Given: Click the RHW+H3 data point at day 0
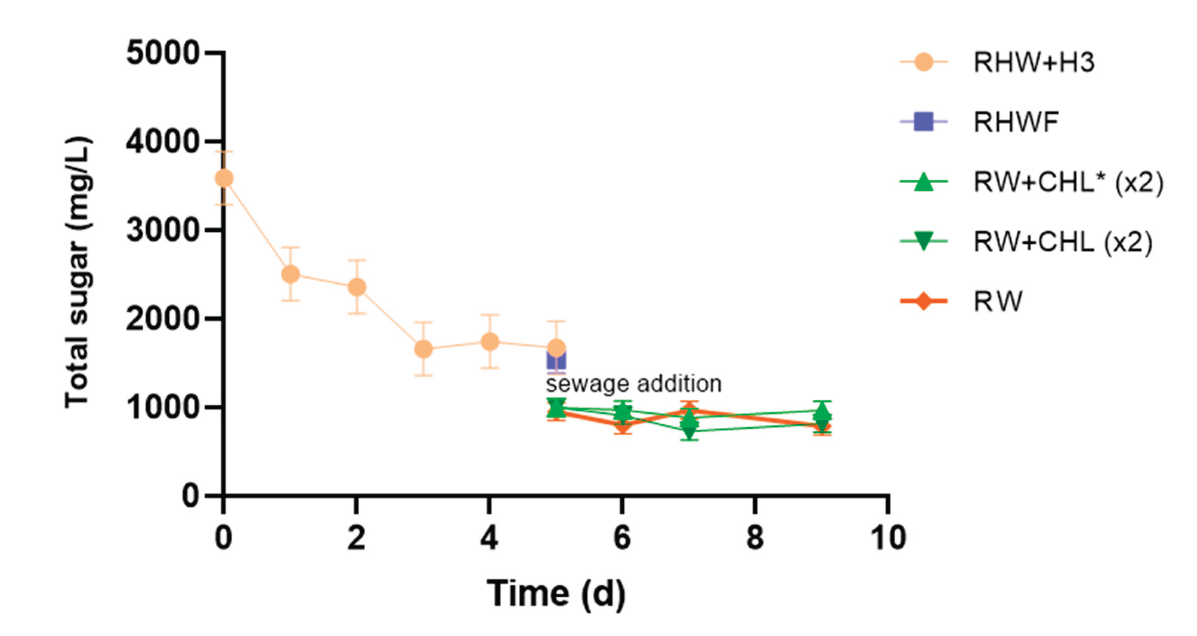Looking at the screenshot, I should coord(224,178).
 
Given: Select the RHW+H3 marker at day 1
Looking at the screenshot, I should coord(290,274).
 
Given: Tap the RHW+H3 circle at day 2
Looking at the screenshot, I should coord(357,287).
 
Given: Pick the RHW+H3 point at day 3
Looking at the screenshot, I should coord(423,349).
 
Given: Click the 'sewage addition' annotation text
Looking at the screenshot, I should coord(633,384).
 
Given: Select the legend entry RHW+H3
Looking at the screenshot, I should coord(1034,62).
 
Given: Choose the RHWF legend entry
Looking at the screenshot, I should coord(1016,122).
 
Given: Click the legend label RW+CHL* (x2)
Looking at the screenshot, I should coord(1068,182).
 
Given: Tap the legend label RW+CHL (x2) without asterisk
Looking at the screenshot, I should coord(1063,242).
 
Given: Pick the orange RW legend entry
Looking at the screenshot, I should coord(998,302).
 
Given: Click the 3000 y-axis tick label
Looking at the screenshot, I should coord(162,230).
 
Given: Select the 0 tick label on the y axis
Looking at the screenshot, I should coord(190,496).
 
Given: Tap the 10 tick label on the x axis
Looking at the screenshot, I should coord(887,538).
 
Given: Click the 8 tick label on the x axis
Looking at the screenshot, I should coord(754,538).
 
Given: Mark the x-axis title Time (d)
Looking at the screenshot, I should coord(556,594).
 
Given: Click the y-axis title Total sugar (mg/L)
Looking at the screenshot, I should coord(77,273).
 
